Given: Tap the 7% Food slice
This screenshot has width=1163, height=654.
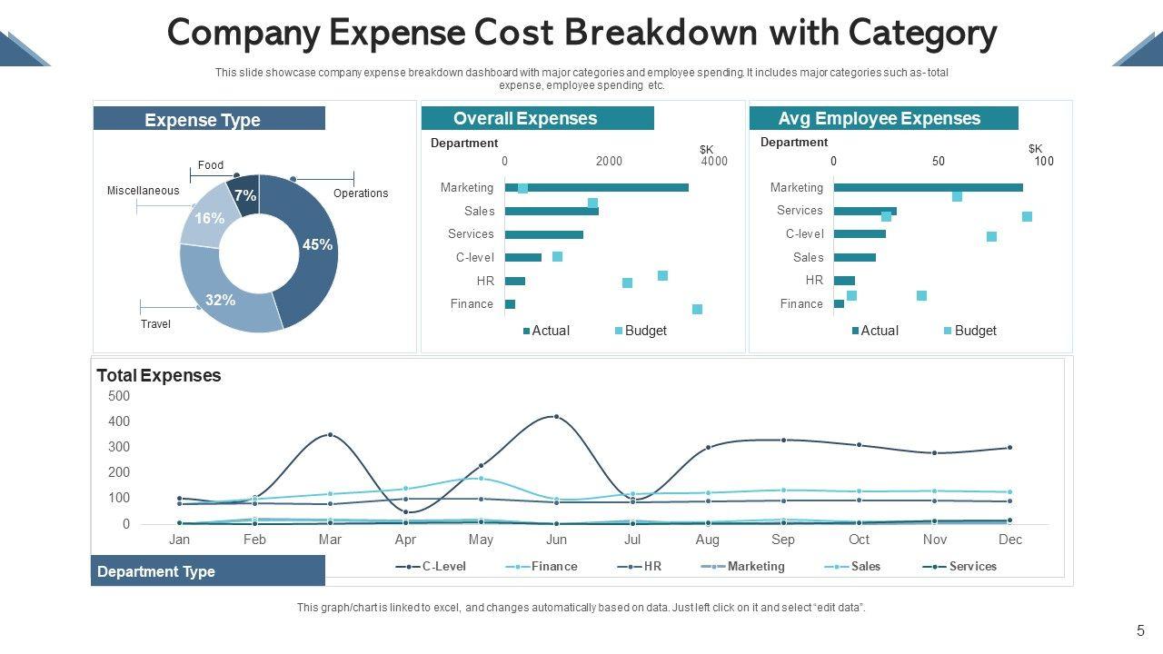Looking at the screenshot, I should [x=245, y=194].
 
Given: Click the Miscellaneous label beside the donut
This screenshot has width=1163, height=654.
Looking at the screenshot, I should [x=143, y=191].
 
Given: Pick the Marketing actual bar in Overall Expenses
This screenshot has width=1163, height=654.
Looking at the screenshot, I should [x=596, y=187].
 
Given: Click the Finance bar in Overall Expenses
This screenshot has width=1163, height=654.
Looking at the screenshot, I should [x=510, y=304].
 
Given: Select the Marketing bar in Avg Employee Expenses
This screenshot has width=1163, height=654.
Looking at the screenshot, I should [x=928, y=187].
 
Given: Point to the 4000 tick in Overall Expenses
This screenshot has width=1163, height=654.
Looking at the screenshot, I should [x=714, y=162].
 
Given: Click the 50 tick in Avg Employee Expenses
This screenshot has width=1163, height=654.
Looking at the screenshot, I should [x=939, y=162].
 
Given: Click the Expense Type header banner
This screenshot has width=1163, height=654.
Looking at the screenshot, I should [x=209, y=119].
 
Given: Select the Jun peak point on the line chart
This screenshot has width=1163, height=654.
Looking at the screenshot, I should [x=556, y=417].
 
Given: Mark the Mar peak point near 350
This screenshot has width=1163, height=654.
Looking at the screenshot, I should [x=330, y=435].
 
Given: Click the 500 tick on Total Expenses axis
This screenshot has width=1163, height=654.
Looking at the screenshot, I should [x=119, y=396].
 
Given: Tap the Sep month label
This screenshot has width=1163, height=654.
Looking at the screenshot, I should [x=783, y=540].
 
